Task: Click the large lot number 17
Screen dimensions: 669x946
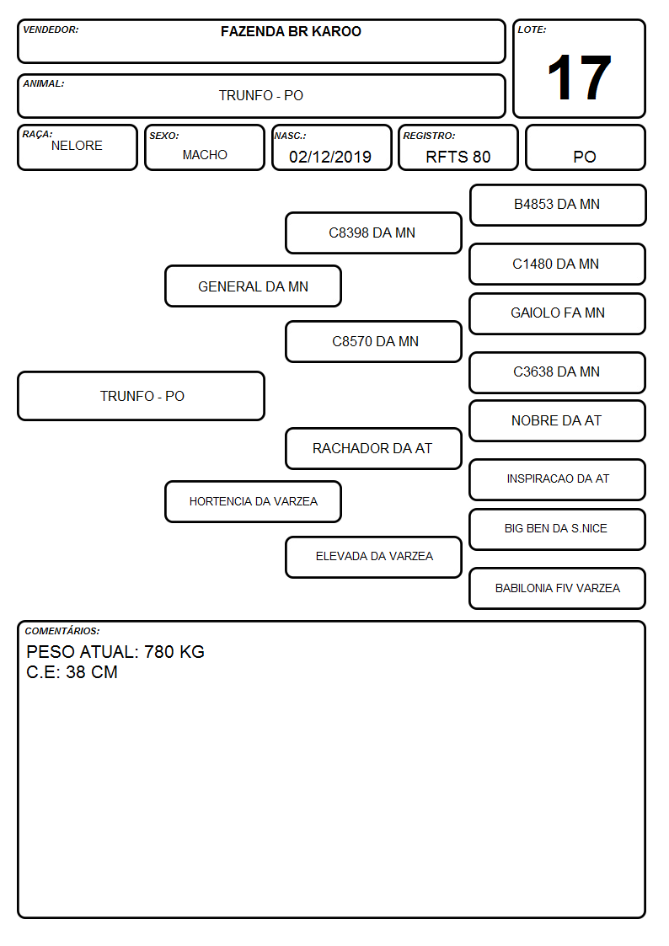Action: pos(579,77)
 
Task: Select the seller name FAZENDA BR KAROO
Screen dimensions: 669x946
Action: pos(291,31)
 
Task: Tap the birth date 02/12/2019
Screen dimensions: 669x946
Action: pos(330,157)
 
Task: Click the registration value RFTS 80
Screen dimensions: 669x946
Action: pos(458,157)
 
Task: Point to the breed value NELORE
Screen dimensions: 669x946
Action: pos(77,146)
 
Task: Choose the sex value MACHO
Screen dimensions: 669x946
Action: pos(205,155)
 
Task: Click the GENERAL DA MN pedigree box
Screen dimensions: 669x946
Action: pos(254,286)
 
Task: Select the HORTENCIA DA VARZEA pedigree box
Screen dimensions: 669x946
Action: pos(254,501)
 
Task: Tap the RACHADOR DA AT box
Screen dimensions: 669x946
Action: pos(373,448)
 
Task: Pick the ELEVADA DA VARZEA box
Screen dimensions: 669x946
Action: pos(373,557)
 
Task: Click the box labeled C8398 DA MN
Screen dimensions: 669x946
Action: pos(373,232)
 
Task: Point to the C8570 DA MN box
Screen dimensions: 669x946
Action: pos(373,341)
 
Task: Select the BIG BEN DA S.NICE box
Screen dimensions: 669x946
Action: pos(558,529)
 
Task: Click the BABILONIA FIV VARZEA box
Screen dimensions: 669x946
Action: pos(558,588)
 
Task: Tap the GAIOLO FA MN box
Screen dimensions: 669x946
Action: pos(558,313)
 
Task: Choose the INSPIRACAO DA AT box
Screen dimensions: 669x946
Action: pos(558,479)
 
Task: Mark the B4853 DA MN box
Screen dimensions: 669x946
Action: pos(558,206)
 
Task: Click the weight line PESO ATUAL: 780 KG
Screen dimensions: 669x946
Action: pos(115,651)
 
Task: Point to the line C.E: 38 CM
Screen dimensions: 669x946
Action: pos(72,672)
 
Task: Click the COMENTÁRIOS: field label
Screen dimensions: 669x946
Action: pos(62,631)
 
